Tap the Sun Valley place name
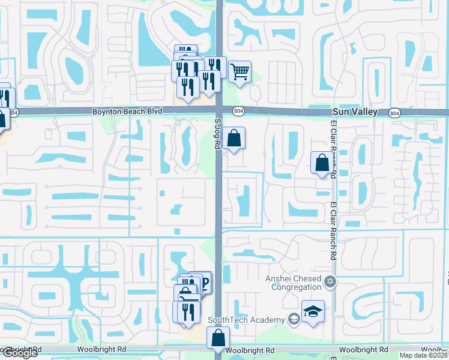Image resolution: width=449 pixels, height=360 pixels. (x=356, y=112)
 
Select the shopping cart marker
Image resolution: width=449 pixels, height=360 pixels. (x=240, y=73)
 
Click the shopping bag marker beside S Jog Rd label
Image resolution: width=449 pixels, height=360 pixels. (x=234, y=138)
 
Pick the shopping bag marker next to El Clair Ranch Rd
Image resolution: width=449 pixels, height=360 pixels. (x=322, y=163)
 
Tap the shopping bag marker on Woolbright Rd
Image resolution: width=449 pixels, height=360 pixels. (x=218, y=337)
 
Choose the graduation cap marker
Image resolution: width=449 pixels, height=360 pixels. (x=312, y=311)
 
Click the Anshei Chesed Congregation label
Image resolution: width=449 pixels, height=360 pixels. (x=294, y=282)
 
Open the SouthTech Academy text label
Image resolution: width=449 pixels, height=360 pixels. (x=246, y=320)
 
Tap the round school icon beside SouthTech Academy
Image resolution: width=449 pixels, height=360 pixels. (x=294, y=319)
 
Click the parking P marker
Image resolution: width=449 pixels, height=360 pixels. (x=204, y=283)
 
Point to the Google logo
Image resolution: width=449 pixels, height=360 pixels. (x=20, y=353)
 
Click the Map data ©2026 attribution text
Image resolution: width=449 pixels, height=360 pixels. (x=424, y=355)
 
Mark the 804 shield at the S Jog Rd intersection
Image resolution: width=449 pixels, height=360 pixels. (x=238, y=111)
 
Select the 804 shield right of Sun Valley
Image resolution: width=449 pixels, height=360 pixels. (x=394, y=112)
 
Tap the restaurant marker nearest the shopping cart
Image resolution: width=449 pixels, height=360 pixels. (x=214, y=67)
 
